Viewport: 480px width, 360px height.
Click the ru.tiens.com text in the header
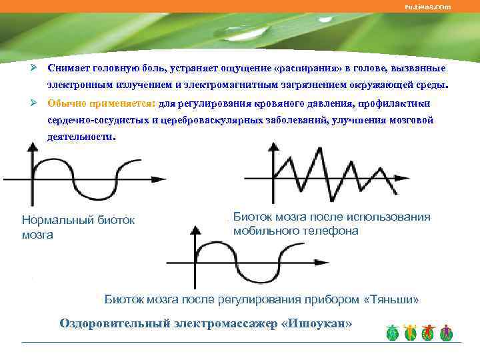pos(428,7)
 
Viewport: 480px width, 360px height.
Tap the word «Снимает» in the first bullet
pos(71,69)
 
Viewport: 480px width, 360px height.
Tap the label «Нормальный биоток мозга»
pos(78,227)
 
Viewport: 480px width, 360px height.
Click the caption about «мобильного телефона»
pos(331,223)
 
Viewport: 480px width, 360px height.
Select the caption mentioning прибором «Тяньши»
pos(261,299)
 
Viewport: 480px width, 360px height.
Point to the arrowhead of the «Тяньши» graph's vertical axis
pos(194,230)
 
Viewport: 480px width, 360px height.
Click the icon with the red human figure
pos(429,333)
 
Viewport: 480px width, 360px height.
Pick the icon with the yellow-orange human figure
pos(411,333)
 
